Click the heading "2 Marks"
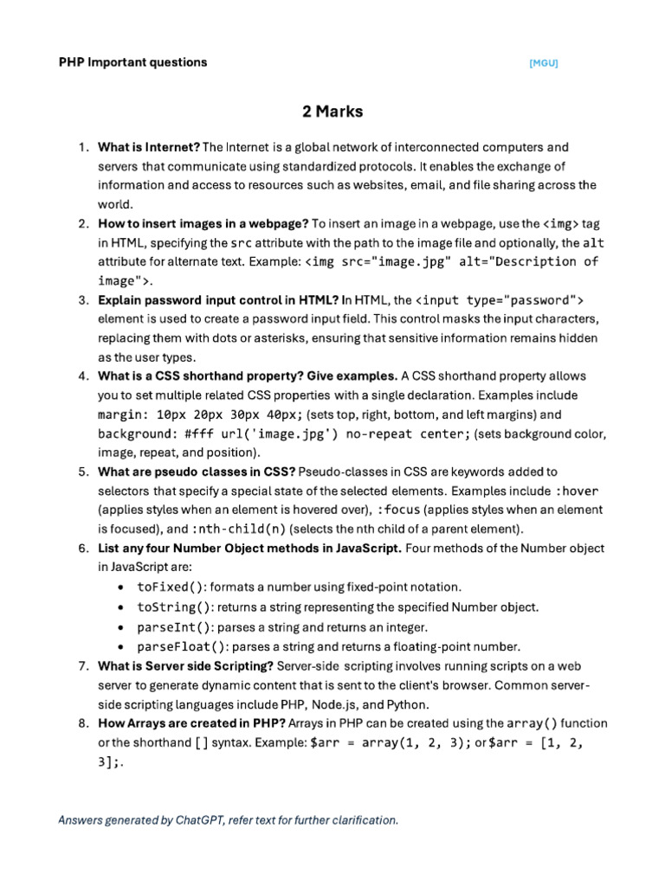(x=332, y=112)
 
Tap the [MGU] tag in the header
(x=544, y=63)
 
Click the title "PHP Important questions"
(x=132, y=62)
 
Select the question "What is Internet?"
(x=149, y=147)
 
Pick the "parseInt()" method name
(x=174, y=626)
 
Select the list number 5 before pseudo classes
(x=83, y=472)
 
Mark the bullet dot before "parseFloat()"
(x=119, y=646)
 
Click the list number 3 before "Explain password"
(x=83, y=300)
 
